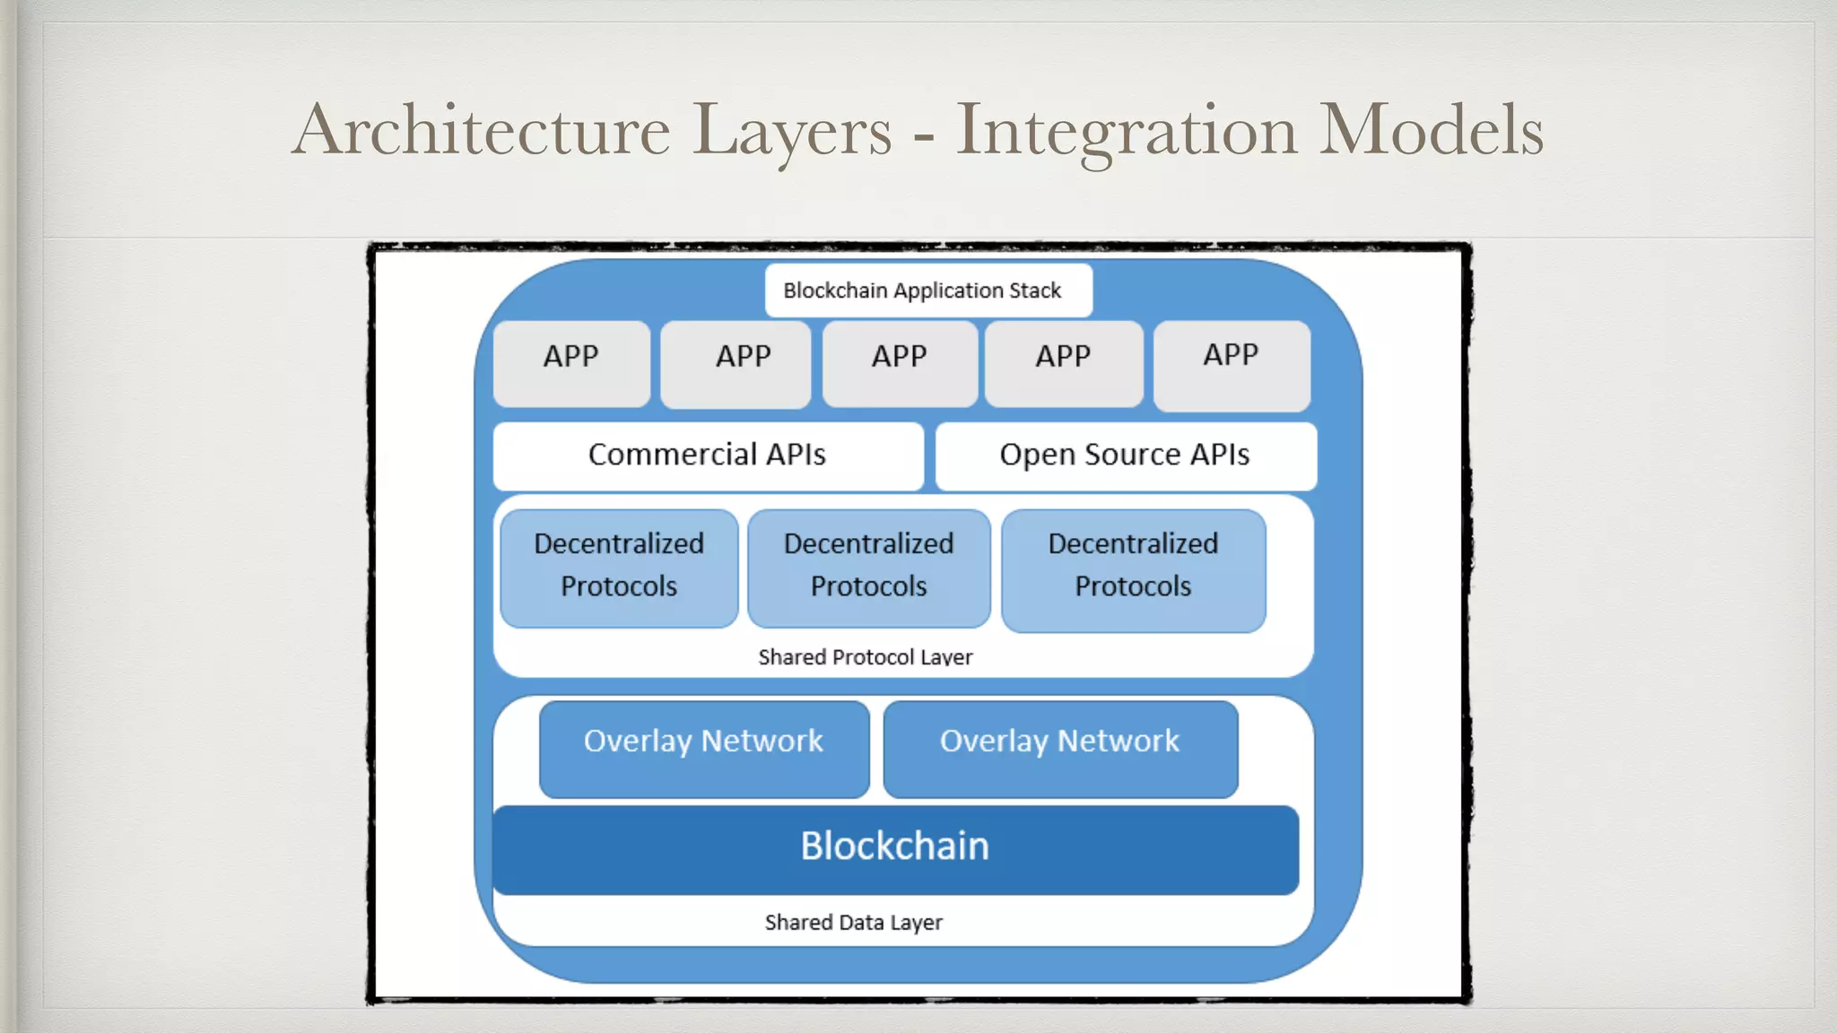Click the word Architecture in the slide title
[x=481, y=131]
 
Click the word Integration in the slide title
[x=1126, y=131]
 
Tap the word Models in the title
[x=1431, y=131]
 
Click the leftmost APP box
[x=571, y=363]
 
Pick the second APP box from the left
[x=736, y=363]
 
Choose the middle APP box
[x=900, y=363]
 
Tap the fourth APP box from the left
[x=1064, y=363]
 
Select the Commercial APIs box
[x=708, y=456]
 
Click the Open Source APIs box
[x=1125, y=456]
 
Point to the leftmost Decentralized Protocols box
[x=619, y=567]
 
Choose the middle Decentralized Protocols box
[x=868, y=567]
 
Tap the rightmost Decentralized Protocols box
[x=1133, y=569]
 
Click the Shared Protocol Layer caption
[x=865, y=657]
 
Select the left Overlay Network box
[x=704, y=748]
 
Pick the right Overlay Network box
[x=1060, y=748]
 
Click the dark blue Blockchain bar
[x=895, y=848]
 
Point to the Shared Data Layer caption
[x=853, y=923]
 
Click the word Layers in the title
[x=793, y=131]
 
